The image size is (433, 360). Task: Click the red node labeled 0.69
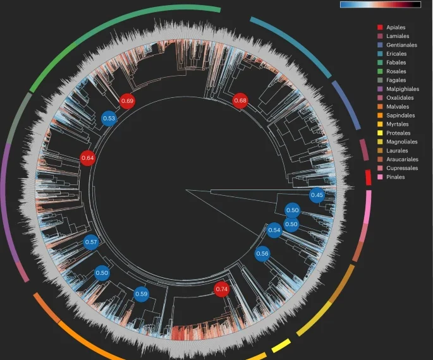tap(127, 101)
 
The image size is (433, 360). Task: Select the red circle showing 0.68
tap(240, 100)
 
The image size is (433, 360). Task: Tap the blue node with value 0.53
tap(109, 118)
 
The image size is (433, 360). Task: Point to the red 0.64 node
tap(88, 158)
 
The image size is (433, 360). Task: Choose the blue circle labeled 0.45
tap(317, 195)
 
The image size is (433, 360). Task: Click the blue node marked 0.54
tap(274, 230)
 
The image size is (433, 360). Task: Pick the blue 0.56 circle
tap(262, 253)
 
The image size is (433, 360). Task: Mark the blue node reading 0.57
tap(91, 242)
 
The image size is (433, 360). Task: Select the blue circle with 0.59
tap(142, 294)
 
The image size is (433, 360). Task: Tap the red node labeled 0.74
tap(222, 289)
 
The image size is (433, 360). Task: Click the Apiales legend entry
tap(391, 27)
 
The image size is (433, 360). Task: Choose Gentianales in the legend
tap(397, 45)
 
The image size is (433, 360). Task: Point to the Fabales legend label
tap(391, 63)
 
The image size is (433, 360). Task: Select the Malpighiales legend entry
tap(398, 89)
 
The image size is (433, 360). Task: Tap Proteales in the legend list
tap(394, 133)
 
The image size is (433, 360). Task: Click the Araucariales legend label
tap(398, 159)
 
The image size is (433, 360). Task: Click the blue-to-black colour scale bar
tap(381, 4)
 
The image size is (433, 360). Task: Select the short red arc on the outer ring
tap(369, 177)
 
